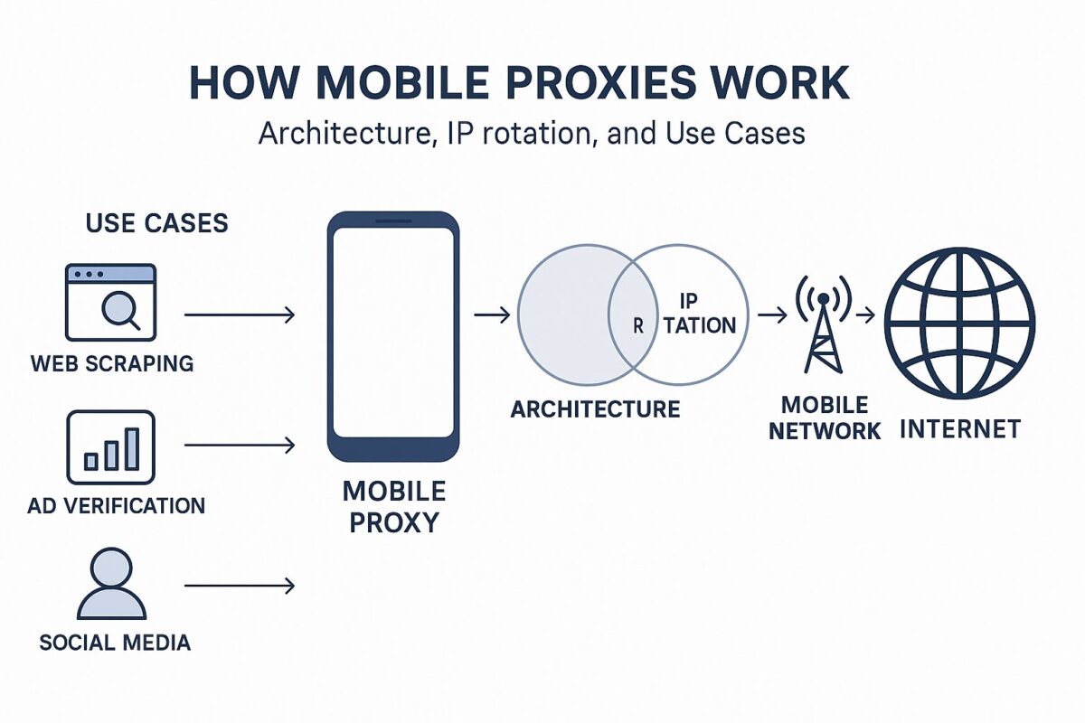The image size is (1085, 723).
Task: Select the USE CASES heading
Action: (156, 222)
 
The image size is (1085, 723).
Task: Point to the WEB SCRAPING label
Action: (111, 363)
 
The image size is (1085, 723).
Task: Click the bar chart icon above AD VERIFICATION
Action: (110, 449)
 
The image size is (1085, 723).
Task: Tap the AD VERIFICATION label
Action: (116, 505)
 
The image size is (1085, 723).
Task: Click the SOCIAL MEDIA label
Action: (115, 643)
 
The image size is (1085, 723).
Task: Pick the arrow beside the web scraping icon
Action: (240, 315)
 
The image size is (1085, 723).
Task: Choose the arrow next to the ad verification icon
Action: (240, 445)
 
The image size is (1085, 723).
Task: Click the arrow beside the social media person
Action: (240, 587)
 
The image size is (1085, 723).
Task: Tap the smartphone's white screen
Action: (392, 332)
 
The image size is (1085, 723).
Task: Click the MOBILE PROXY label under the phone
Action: (393, 506)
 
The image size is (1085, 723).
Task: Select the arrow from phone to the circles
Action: (491, 315)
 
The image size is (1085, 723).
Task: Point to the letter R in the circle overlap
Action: (638, 326)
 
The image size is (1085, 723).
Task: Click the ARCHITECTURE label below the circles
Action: (595, 409)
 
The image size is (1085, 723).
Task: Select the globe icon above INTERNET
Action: (959, 324)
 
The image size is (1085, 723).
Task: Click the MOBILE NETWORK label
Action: (824, 418)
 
